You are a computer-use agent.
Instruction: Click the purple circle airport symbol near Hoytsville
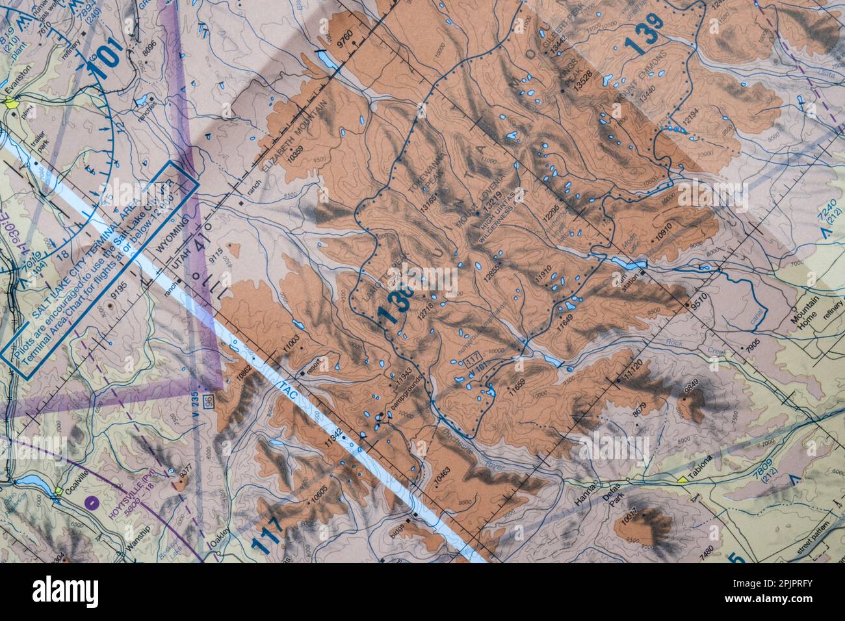pyautogui.click(x=92, y=501)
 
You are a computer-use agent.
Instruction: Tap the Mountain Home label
pyautogui.click(x=804, y=319)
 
